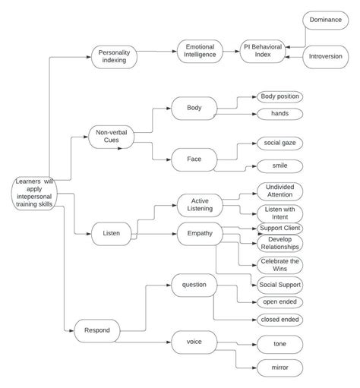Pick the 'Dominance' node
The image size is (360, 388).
327,21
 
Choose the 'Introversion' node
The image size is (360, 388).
327,56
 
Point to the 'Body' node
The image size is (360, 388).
194,108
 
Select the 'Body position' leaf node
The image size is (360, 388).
279,96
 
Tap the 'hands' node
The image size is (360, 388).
279,114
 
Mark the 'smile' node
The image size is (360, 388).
279,166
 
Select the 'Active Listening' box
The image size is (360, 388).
200,204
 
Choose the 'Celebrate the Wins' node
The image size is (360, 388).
279,265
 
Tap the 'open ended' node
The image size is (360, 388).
279,301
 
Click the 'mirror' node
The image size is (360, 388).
279,367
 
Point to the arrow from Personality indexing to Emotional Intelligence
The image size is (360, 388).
156,52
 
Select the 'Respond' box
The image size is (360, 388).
96,330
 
